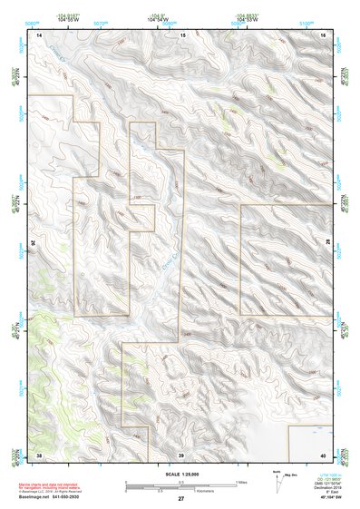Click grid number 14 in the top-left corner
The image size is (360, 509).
click(39, 34)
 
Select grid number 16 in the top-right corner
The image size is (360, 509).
click(326, 34)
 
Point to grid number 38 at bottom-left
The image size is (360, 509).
click(39, 455)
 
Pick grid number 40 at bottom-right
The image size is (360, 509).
click(326, 455)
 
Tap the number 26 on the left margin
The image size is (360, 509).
click(35, 243)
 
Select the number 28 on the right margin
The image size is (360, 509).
click(329, 243)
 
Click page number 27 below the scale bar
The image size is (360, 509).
click(181, 499)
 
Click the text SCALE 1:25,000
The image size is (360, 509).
click(181, 474)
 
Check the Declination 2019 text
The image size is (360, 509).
click(322, 488)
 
